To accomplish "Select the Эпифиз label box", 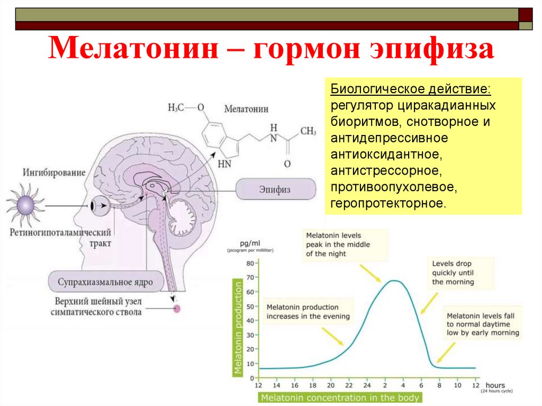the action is click(x=276, y=188).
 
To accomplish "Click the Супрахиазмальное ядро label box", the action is click(x=105, y=282).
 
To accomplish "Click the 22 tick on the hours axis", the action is click(x=349, y=385).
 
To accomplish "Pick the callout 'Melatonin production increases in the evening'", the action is click(x=308, y=311).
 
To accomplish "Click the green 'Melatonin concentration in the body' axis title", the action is click(x=341, y=398).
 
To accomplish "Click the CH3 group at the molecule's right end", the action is click(x=308, y=131).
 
